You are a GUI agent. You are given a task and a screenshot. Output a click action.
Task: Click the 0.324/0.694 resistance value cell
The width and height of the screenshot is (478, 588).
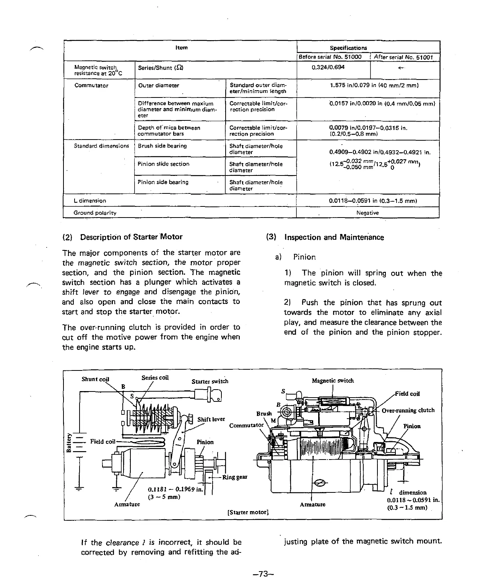tap(328, 67)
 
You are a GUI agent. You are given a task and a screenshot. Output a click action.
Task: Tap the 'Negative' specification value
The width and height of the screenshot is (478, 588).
tap(367, 213)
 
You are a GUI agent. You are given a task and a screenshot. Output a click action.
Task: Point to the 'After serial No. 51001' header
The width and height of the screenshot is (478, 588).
tap(403, 57)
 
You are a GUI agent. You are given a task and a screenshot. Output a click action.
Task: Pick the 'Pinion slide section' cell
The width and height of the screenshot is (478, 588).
tap(163, 164)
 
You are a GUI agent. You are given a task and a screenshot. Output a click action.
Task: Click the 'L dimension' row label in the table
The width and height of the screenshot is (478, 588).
tap(90, 201)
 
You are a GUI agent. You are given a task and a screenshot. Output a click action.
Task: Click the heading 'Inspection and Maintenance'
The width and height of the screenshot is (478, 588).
tap(334, 237)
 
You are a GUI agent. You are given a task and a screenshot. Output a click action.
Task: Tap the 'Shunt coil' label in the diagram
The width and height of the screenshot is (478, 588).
tap(95, 379)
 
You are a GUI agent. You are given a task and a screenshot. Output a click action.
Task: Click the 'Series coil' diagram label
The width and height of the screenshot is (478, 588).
tap(155, 378)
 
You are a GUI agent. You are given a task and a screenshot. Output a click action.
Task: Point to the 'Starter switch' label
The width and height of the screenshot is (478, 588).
tap(210, 381)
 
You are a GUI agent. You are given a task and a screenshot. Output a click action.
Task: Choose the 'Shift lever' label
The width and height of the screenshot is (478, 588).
tap(211, 419)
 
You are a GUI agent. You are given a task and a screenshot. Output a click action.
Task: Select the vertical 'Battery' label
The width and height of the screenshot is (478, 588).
tap(69, 442)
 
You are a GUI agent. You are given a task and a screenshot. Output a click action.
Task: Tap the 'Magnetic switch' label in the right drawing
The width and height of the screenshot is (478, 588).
tap(333, 380)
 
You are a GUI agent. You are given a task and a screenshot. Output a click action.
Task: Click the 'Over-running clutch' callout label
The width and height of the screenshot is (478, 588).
tap(408, 411)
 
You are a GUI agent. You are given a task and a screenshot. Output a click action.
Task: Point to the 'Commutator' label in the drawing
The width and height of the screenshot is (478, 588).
tap(246, 425)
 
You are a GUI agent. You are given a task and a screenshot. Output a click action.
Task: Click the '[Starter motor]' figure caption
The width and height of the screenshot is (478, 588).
tap(248, 512)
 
